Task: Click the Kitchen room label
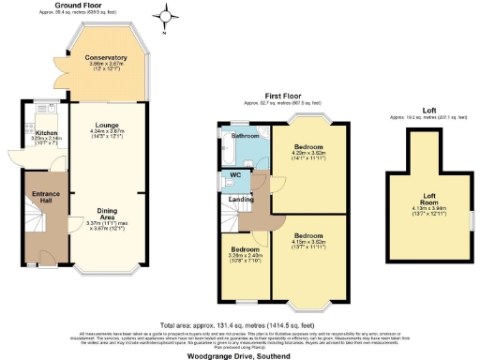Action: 47,134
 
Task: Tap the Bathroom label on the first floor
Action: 245,135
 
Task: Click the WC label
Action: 236,174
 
